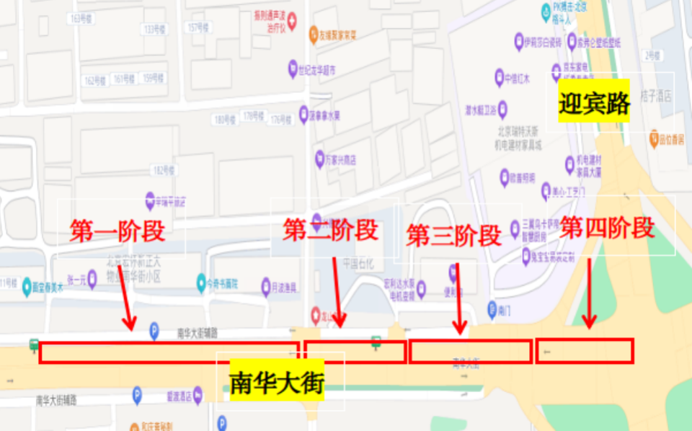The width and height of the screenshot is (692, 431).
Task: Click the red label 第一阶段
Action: click(x=117, y=231)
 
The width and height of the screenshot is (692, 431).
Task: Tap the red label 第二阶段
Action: click(x=331, y=230)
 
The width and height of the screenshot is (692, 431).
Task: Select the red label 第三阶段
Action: click(x=453, y=235)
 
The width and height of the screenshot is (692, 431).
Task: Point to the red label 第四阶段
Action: click(x=608, y=228)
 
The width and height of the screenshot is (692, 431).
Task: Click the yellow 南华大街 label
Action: click(x=277, y=381)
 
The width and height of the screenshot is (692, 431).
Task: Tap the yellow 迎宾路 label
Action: click(x=595, y=103)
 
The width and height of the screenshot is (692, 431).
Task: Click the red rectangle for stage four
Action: click(x=585, y=351)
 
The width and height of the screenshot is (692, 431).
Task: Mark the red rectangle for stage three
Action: click(x=471, y=351)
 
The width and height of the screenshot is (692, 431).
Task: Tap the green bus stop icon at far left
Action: click(x=34, y=345)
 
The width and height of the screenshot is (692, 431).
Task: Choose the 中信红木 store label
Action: click(x=517, y=78)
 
